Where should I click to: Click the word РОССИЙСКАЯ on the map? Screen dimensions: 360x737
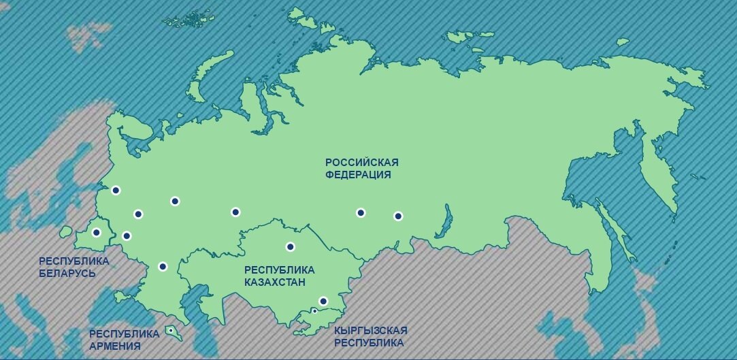coord(361,162)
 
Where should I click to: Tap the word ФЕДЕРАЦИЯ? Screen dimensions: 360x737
coord(358,174)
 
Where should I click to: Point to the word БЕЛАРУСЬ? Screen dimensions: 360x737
coord(67,273)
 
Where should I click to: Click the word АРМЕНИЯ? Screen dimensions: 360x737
coord(115,346)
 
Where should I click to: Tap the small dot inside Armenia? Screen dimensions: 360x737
coord(171,331)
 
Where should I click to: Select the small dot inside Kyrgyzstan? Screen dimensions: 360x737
coord(314,311)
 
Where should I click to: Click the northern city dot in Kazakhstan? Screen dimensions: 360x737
coord(290,246)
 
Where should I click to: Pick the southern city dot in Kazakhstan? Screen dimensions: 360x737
coord(323,301)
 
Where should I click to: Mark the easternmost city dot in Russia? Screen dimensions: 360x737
coord(398,216)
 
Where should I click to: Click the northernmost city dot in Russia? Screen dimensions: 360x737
coord(116,191)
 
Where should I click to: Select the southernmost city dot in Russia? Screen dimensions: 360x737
coord(162,266)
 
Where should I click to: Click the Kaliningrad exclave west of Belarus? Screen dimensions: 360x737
coord(65,232)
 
